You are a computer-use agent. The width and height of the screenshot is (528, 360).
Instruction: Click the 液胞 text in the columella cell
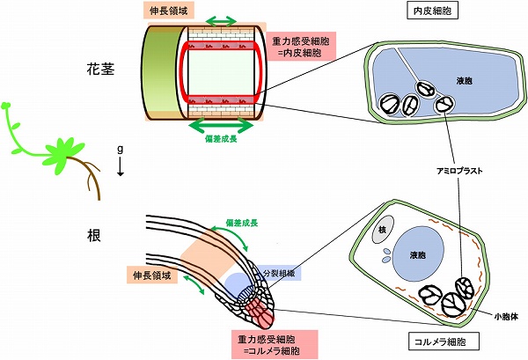coord(418,255)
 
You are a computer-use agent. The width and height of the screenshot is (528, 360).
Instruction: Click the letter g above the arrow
coord(120,150)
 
